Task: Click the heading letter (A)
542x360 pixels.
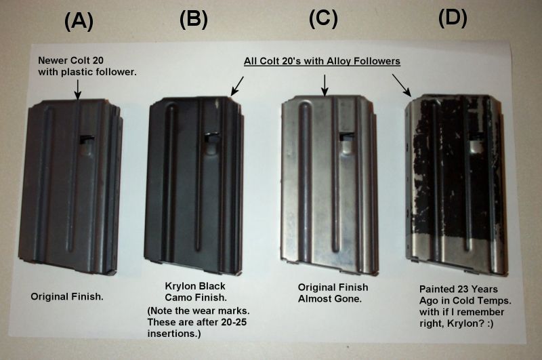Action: [x=79, y=22]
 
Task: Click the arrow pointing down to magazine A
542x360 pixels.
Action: [x=78, y=87]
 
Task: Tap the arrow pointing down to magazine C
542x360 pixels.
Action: [x=325, y=84]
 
